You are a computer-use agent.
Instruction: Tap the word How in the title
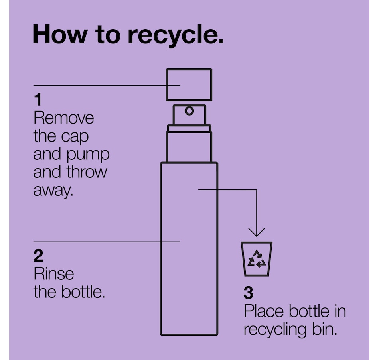[x=59, y=34]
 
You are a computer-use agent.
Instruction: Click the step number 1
[x=38, y=100]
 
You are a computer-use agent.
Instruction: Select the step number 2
[x=38, y=256]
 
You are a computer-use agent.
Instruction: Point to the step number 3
[x=249, y=293]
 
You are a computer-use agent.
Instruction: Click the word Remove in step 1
[x=63, y=118]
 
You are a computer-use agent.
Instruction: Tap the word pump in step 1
[x=88, y=155]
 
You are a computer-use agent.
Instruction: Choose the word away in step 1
[x=53, y=191]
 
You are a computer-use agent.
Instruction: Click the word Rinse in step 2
[x=54, y=274]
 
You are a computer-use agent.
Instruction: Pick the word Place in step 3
[x=263, y=311]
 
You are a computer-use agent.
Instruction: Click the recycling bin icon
[x=257, y=259]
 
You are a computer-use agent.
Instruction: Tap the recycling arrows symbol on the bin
[x=257, y=258]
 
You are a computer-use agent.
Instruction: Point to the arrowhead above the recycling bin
[x=257, y=232]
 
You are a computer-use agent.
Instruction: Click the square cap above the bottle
[x=189, y=85]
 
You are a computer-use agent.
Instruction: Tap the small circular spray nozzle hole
[x=189, y=111]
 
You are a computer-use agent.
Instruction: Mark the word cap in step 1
[x=75, y=137]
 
